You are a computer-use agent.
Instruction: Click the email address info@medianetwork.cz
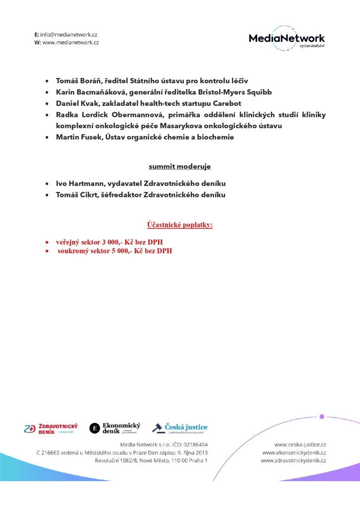click(69, 35)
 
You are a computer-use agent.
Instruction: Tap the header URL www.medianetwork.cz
click(71, 43)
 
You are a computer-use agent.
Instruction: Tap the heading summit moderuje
click(180, 166)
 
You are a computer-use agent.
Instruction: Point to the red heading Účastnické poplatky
click(180, 225)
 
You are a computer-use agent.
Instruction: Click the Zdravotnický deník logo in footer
click(51, 428)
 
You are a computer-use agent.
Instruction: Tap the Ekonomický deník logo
click(115, 428)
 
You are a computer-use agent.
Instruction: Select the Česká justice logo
click(180, 428)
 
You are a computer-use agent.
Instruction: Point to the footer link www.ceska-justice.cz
click(300, 444)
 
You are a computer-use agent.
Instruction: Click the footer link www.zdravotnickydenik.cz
click(293, 461)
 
